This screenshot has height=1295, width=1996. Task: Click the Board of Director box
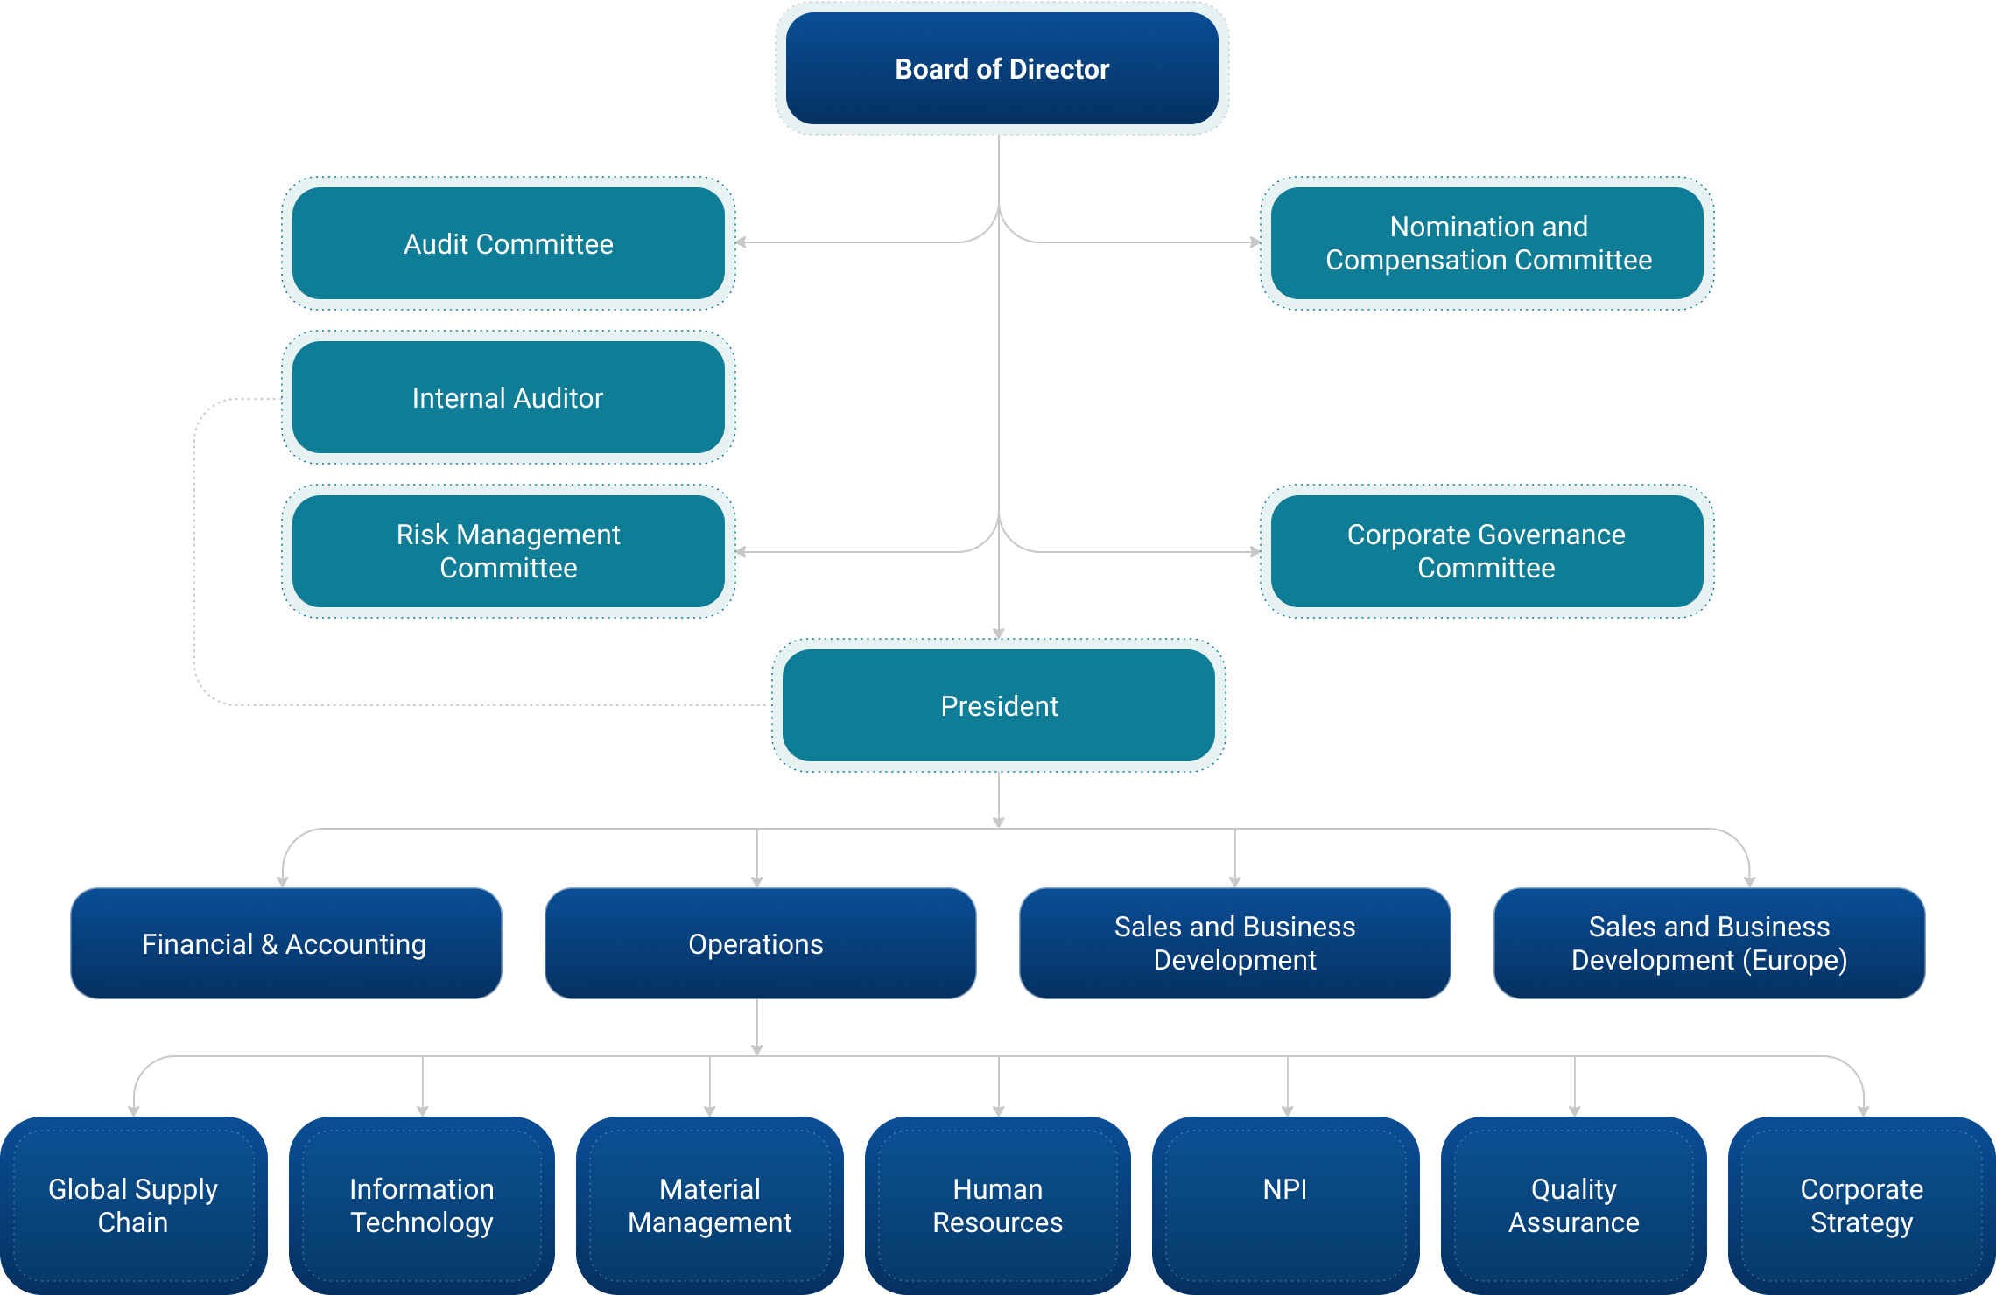(x=1002, y=69)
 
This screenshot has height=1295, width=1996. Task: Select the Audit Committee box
(x=508, y=243)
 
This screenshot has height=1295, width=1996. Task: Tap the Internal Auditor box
(x=508, y=397)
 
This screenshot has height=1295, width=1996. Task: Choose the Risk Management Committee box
(x=508, y=551)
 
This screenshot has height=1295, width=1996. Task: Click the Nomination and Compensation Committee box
(x=1487, y=243)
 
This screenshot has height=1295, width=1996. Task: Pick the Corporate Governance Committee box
(x=1487, y=551)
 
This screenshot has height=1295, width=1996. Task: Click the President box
(x=999, y=705)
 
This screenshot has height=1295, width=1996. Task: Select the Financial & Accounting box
(x=285, y=943)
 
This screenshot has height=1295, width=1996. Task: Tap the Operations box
(x=760, y=943)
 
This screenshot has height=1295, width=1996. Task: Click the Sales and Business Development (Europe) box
(x=1709, y=943)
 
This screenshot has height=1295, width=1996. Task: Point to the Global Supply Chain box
(x=133, y=1205)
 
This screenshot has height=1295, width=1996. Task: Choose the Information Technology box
(x=422, y=1205)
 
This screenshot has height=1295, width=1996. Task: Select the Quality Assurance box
(x=1574, y=1205)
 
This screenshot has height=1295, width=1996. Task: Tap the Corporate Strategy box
(x=1861, y=1205)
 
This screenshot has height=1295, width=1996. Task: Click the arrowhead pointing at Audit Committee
(x=741, y=242)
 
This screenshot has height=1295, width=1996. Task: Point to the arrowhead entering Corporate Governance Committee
(x=1255, y=552)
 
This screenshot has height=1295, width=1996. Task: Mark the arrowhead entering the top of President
(x=999, y=633)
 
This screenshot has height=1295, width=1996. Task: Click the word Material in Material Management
(x=709, y=1189)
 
